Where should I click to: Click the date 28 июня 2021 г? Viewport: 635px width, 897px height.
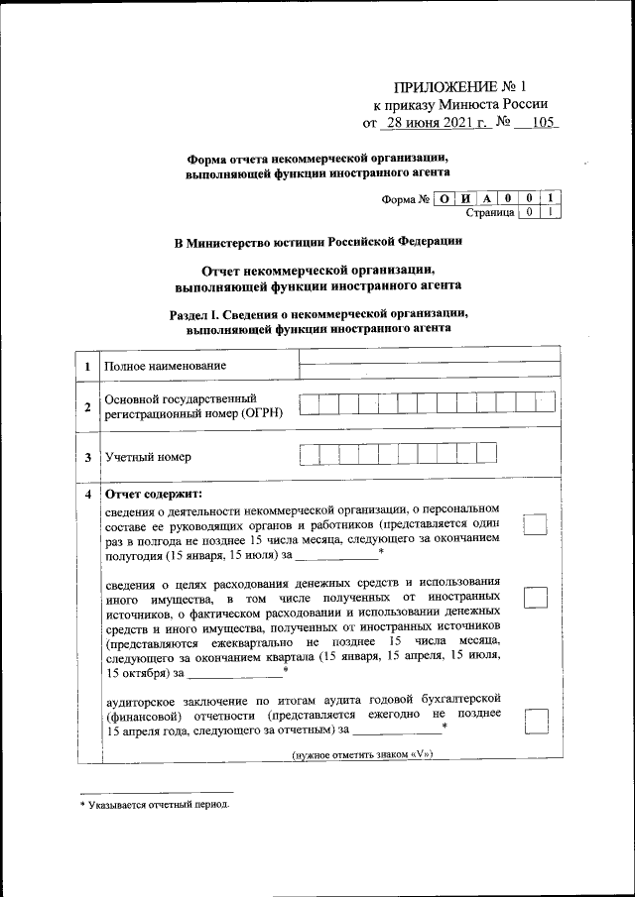click(437, 124)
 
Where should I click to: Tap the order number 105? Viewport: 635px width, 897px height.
click(543, 124)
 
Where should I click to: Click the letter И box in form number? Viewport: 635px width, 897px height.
click(464, 198)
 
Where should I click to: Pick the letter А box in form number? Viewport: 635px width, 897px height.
click(486, 198)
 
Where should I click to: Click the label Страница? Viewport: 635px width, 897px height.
click(490, 212)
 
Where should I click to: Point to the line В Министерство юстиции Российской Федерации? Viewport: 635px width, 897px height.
click(317, 241)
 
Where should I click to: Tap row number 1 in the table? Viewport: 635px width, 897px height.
click(88, 367)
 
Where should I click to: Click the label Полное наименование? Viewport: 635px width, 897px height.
click(165, 367)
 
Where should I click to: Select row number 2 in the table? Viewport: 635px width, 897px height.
click(88, 406)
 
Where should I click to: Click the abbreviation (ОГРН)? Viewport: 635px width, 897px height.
click(261, 413)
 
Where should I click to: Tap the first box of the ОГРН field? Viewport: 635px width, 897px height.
click(309, 404)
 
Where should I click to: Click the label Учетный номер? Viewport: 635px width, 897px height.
click(148, 457)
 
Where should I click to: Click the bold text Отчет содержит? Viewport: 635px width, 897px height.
click(154, 494)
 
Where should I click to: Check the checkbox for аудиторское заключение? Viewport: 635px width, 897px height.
click(536, 721)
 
